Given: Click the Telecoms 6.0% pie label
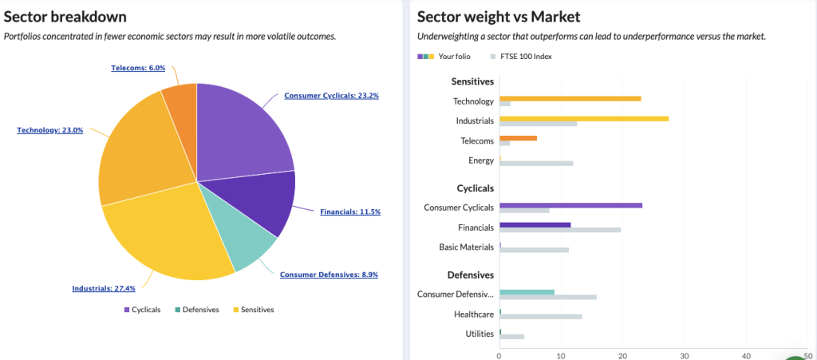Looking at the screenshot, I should (x=138, y=68).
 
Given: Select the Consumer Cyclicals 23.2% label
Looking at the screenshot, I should (x=331, y=96).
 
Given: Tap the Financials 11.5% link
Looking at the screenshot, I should (x=349, y=212).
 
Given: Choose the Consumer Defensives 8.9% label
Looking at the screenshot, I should (x=329, y=275).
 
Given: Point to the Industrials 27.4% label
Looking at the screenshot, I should (x=104, y=288).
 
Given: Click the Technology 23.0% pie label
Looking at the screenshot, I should (x=49, y=130).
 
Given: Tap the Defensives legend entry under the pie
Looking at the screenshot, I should (x=196, y=310).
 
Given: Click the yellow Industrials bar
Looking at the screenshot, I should (x=583, y=118).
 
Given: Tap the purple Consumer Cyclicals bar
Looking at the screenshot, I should (x=570, y=205).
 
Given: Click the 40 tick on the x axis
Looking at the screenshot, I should (x=746, y=356).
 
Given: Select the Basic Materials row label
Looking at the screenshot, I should (x=467, y=247).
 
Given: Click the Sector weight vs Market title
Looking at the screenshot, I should (x=499, y=17).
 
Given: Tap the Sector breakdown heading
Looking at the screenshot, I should (x=65, y=17).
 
